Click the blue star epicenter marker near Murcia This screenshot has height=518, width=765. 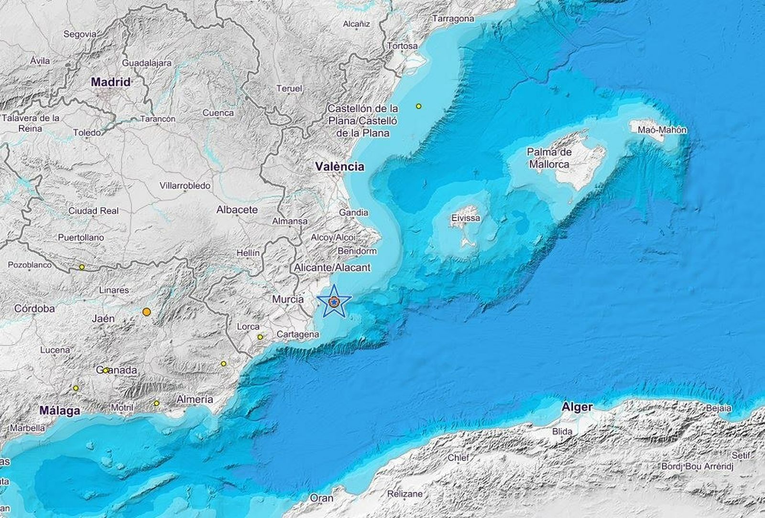click(334, 301)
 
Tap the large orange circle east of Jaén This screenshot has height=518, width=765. click(147, 312)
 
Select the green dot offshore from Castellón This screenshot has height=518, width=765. click(419, 106)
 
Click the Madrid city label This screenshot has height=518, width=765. click(110, 82)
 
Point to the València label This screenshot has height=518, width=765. click(339, 166)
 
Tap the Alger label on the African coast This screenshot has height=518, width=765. click(578, 407)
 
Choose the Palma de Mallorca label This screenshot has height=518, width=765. click(549, 158)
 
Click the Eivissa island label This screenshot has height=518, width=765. click(465, 218)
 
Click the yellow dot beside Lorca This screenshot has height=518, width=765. click(260, 337)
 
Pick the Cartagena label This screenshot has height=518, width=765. click(297, 335)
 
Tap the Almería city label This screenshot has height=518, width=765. click(195, 399)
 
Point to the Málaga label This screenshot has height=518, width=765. click(60, 410)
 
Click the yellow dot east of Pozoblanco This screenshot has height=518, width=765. click(82, 267)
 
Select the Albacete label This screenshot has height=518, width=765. click(237, 209)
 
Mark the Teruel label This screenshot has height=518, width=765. click(289, 88)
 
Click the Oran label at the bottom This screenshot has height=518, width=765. click(321, 498)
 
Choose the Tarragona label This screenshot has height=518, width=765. click(453, 19)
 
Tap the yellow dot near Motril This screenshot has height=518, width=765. click(156, 403)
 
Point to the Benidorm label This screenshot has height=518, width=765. click(357, 251)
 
